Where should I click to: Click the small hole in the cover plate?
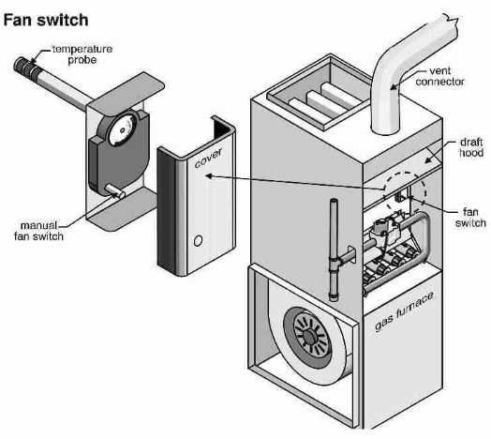[x=196, y=241]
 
